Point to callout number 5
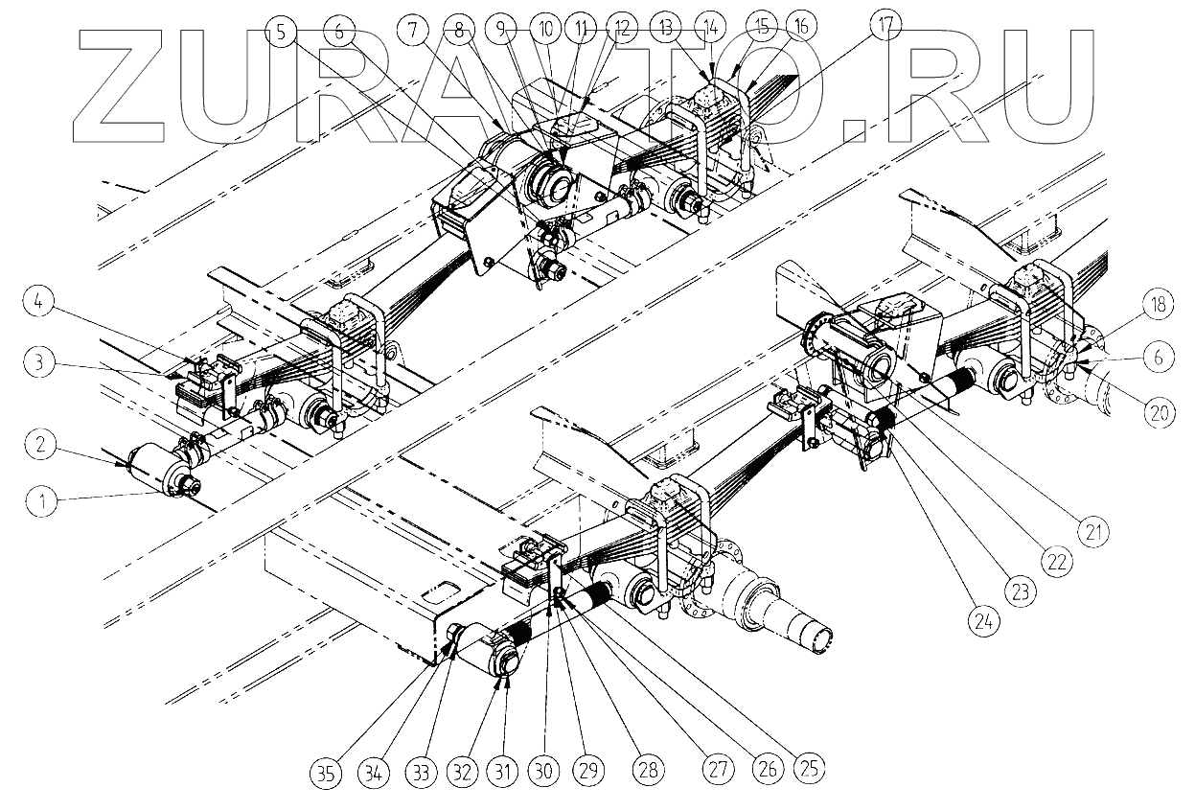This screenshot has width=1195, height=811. (281, 31)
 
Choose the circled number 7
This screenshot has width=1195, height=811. (413, 31)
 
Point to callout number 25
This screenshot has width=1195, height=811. (810, 768)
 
